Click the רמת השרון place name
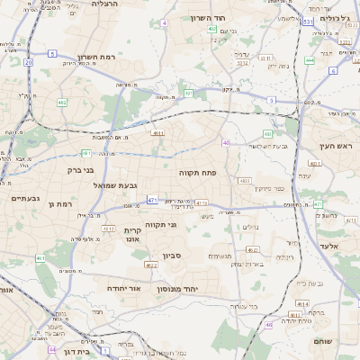tap(96, 56)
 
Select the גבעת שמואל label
tap(115, 184)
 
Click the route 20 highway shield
tap(28, 62)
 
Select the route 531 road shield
tap(309, 19)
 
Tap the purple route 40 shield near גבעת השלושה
tap(226, 142)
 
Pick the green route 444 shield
tap(309, 60)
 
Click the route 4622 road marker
tap(151, 265)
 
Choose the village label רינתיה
tap(284, 256)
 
